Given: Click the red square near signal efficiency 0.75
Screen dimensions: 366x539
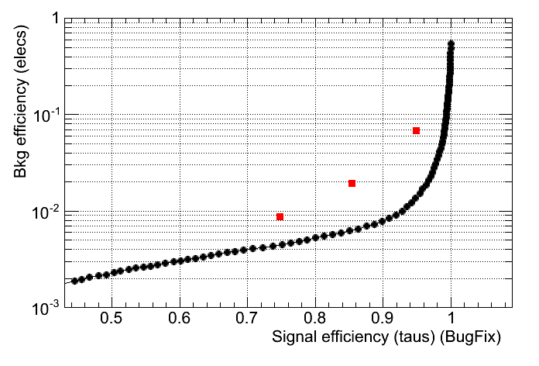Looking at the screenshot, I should click(280, 217).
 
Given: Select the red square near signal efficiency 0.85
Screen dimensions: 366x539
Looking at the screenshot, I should click(352, 184).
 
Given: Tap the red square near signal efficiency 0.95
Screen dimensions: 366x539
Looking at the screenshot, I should click(417, 130).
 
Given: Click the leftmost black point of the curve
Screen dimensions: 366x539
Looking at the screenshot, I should click(75, 281).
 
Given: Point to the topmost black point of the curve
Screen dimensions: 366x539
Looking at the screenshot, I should click(451, 44).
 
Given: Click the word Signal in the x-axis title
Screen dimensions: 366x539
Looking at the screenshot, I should click(292, 339).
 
